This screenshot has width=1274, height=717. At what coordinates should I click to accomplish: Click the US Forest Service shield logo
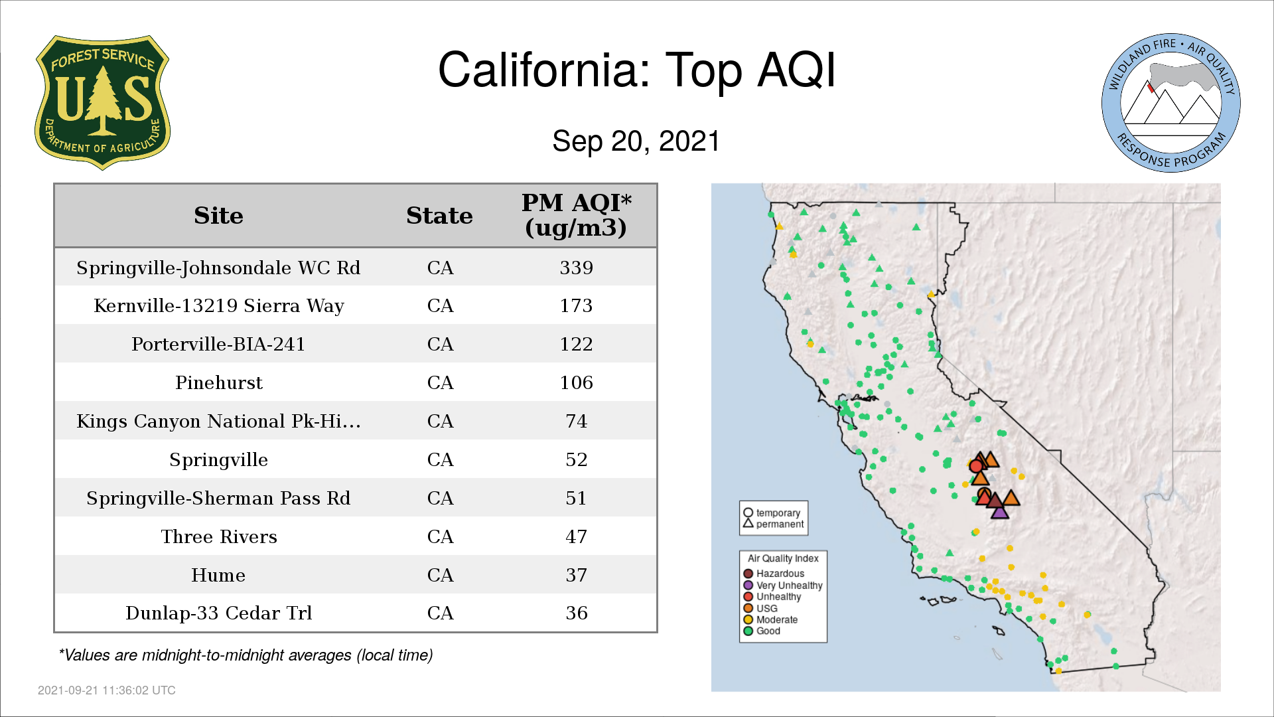pos(102,102)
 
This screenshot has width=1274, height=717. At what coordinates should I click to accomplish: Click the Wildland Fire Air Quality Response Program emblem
pos(1171,103)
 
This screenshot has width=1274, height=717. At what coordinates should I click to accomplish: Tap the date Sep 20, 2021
pos(636,141)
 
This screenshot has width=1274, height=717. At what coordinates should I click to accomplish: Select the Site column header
pos(218,216)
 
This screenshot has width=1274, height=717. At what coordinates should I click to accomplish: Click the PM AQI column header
pos(576,215)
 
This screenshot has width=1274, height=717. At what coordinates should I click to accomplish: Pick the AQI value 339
pos(576,268)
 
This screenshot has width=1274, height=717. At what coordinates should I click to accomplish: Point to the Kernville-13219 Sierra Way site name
pos(219,306)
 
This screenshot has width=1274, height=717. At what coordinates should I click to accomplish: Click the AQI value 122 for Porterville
pos(576,344)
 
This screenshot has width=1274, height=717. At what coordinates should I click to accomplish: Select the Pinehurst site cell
pos(219,382)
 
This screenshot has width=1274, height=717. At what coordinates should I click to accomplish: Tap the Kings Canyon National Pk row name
pos(218,421)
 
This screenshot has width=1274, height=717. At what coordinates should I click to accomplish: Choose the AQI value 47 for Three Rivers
pos(576,536)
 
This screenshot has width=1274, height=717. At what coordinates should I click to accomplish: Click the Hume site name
pos(218,575)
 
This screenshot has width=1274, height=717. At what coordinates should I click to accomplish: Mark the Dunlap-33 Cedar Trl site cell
pos(219,613)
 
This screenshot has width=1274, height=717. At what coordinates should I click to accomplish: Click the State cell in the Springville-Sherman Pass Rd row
pos(440,498)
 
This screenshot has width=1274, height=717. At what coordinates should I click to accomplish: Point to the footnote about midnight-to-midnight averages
pos(246,655)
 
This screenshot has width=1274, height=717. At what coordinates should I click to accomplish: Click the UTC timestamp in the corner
pos(107,690)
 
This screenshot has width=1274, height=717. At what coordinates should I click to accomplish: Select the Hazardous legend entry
pos(774,574)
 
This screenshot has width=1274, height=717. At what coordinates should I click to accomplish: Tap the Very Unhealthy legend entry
pos(783,586)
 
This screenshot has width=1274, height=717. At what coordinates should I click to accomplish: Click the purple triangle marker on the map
pos(1000,511)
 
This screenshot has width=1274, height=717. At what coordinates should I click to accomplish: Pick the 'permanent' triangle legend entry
pos(774,524)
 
